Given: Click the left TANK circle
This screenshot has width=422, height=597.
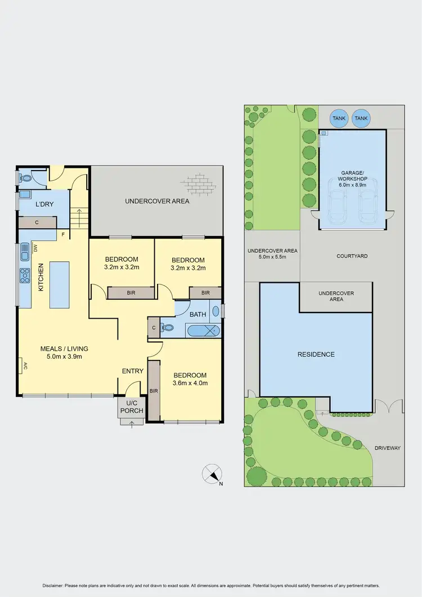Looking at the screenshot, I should pyautogui.click(x=339, y=118).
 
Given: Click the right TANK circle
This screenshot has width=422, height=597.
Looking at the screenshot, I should pyautogui.click(x=361, y=118).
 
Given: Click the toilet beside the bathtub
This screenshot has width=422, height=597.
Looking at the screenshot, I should pyautogui.click(x=168, y=327).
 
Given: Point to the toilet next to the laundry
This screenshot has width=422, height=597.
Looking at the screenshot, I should pyautogui.click(x=26, y=177).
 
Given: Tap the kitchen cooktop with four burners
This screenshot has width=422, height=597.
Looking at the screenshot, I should pyautogui.click(x=25, y=275).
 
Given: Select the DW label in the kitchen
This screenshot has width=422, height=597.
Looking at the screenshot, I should pyautogui.click(x=35, y=247).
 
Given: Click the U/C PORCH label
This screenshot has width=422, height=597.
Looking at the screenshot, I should pyautogui.click(x=132, y=407).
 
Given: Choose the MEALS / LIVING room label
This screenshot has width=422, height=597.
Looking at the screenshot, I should pyautogui.click(x=64, y=349).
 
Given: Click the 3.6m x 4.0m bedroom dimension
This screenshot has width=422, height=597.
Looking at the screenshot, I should pyautogui.click(x=190, y=383).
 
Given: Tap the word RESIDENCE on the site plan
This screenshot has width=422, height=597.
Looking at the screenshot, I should pyautogui.click(x=316, y=354).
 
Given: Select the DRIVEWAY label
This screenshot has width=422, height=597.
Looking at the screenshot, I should pyautogui.click(x=388, y=448).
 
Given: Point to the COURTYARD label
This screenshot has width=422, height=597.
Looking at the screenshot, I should pyautogui.click(x=352, y=256).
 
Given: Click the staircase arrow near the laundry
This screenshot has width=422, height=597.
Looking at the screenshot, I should pyautogui.click(x=79, y=215).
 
